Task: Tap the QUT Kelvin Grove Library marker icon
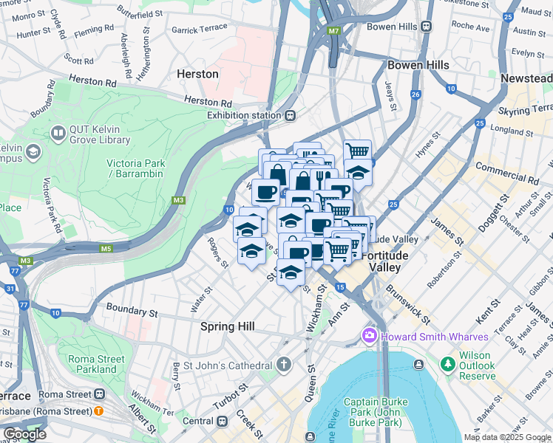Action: tap(57, 133)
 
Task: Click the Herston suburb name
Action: tap(198, 75)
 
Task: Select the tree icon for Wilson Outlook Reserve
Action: tap(447, 364)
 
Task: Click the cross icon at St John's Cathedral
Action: tap(284, 365)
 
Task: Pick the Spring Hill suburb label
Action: tap(228, 326)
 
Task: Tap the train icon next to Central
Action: tap(223, 421)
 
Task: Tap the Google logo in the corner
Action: tap(24, 434)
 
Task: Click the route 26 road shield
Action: tap(416, 95)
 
